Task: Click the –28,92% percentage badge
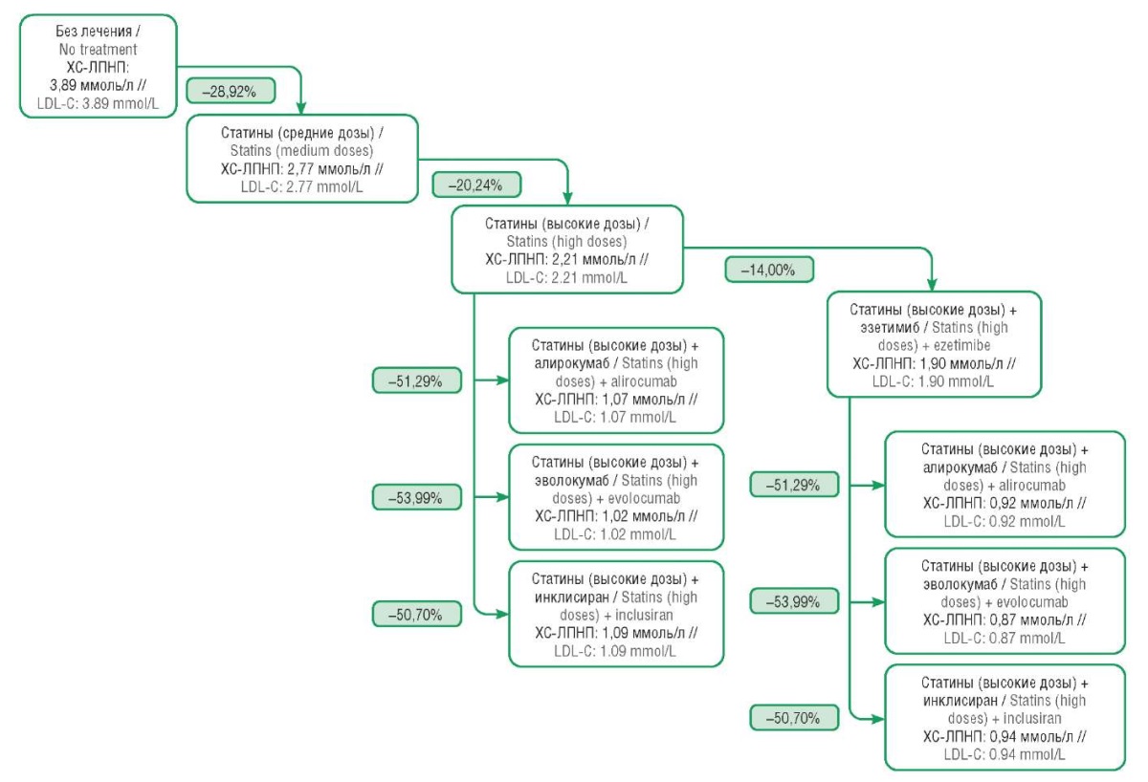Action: pos(231,91)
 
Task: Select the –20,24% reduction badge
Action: pos(476,185)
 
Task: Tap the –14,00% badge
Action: pos(769,270)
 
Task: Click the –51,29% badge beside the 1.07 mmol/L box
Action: pos(417,381)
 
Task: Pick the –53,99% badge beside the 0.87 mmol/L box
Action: pos(794,601)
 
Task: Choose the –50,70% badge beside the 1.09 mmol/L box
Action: pos(417,614)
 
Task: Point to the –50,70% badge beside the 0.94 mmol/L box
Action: pos(794,718)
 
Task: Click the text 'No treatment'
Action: pos(98,50)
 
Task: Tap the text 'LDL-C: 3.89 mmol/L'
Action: pos(98,103)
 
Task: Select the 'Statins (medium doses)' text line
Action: pos(301,150)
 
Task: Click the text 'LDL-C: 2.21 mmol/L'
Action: pos(566,277)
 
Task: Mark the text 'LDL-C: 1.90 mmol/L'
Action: pos(933,381)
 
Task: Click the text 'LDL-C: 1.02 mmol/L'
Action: pos(614,534)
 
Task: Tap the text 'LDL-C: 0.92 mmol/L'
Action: pos(1004,521)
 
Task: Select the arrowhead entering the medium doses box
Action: pos(300,107)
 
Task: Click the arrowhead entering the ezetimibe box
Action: pos(932,285)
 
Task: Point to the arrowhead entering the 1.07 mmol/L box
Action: pos(501,380)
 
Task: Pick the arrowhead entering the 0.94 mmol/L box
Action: pos(878,719)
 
